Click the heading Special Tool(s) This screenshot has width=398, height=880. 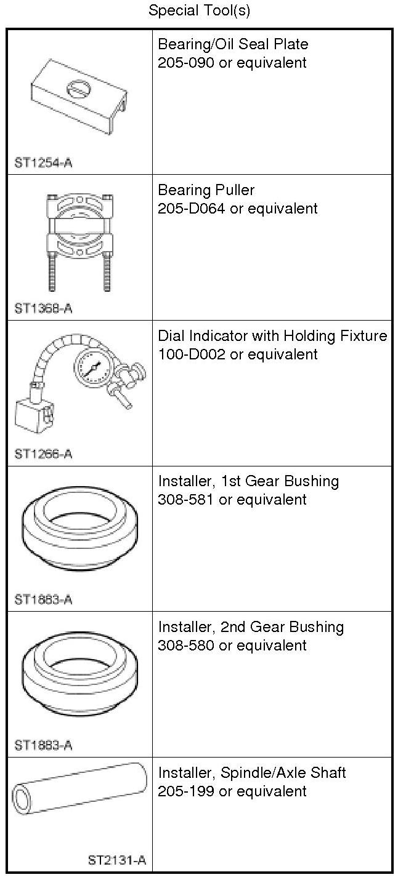[x=199, y=10]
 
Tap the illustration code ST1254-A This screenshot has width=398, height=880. [x=43, y=163]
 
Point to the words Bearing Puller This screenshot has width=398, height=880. [x=206, y=190]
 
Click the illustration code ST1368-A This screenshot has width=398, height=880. [x=43, y=308]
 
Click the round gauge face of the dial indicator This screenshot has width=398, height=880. [x=94, y=369]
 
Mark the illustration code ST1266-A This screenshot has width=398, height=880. [x=43, y=454]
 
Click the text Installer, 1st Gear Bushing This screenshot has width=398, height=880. [x=248, y=481]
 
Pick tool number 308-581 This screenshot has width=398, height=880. [x=185, y=500]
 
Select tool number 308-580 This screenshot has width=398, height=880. [x=185, y=646]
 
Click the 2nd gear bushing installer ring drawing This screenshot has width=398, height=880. [x=79, y=674]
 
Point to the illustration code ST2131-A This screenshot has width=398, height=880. [x=117, y=860]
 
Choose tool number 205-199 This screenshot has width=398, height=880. [x=185, y=791]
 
